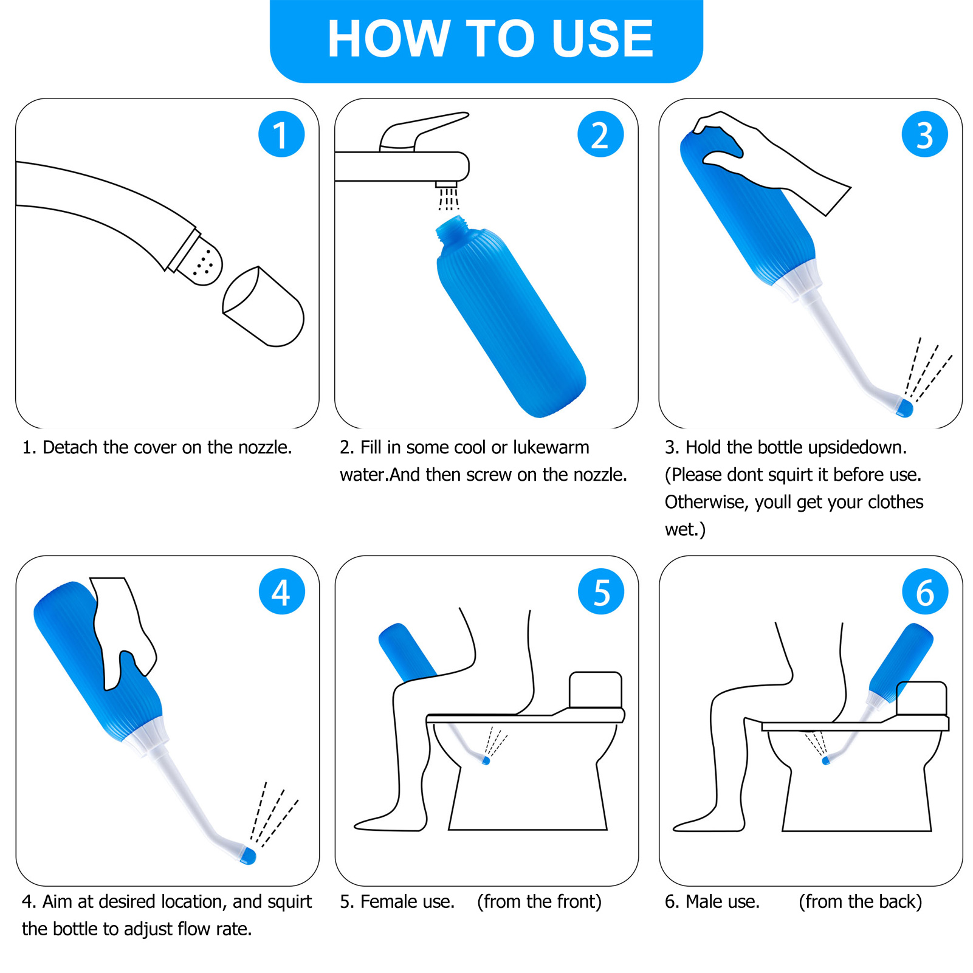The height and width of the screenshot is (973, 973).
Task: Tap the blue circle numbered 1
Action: (281, 134)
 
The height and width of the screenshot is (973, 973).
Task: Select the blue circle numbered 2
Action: (600, 134)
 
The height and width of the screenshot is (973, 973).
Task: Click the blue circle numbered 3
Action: (925, 134)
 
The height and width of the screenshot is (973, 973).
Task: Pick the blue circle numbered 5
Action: (601, 591)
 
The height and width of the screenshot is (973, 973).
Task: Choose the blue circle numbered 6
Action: (925, 591)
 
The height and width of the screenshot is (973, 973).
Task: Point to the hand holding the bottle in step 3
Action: (771, 160)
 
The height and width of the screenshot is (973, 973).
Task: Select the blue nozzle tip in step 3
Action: (905, 408)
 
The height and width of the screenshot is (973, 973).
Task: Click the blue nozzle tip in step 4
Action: (248, 856)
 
